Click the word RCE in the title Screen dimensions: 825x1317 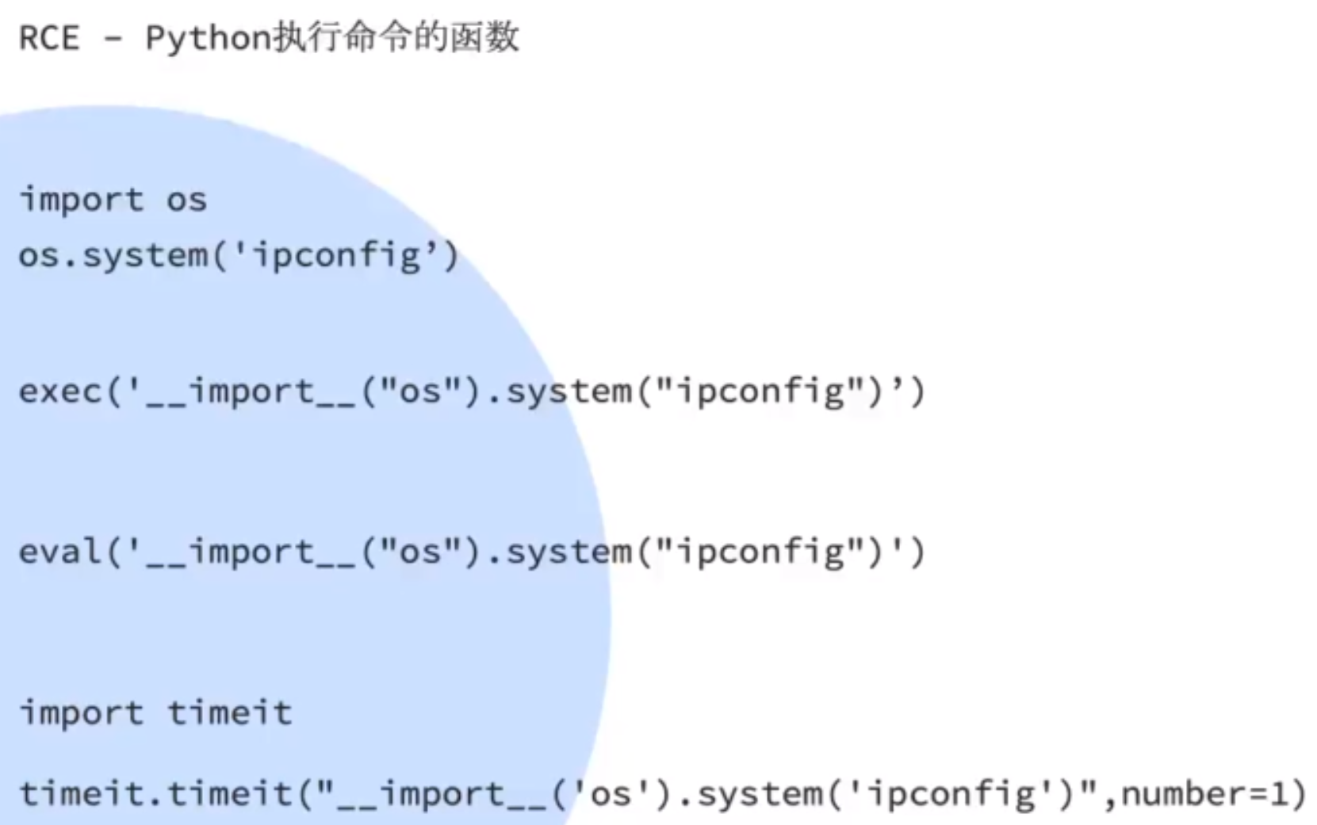[49, 38]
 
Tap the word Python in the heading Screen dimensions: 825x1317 [209, 38]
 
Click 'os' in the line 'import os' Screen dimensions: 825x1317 [186, 200]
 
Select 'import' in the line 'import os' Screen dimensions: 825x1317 [82, 200]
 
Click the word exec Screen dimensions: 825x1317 [60, 391]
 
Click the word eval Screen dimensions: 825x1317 [60, 552]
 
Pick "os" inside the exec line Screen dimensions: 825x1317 [420, 391]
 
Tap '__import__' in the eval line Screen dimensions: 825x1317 [252, 552]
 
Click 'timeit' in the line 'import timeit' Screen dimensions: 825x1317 [229, 712]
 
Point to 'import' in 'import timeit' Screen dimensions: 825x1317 [82, 712]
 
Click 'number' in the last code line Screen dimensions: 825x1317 [1183, 793]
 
